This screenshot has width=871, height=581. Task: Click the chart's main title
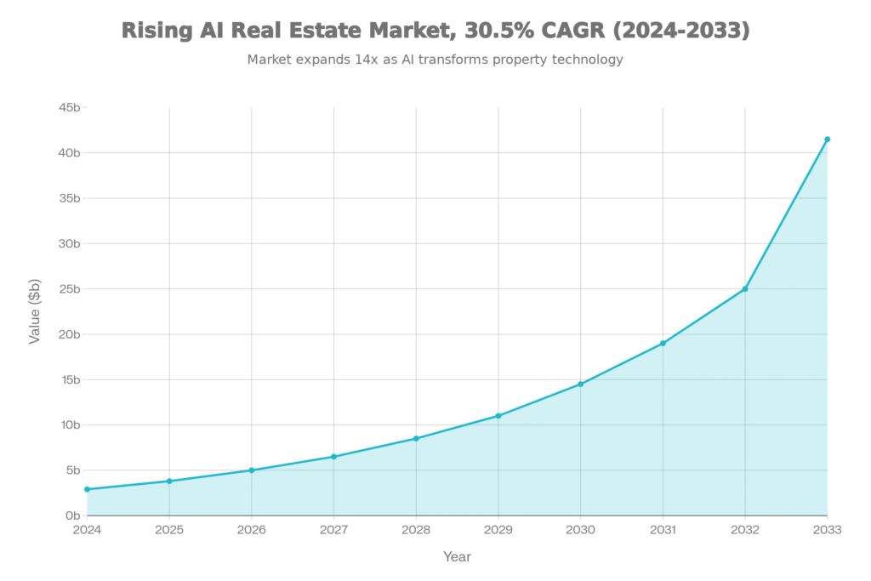[435, 31]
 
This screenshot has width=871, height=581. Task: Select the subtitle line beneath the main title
[435, 60]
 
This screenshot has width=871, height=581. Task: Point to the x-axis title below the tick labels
[457, 557]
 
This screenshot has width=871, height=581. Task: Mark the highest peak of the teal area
[827, 136]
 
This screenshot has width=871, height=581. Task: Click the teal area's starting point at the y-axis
[85, 487]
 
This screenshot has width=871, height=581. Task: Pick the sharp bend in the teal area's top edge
[745, 287]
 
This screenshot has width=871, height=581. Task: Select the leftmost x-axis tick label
[85, 531]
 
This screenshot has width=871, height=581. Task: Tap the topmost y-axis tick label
[68, 108]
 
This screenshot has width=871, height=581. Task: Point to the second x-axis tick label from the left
[168, 531]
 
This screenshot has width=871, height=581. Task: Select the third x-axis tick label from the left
[250, 531]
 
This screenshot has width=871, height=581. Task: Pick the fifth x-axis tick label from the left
[415, 531]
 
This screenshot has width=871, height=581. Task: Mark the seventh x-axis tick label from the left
[580, 531]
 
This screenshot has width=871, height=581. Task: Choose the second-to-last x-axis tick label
[745, 531]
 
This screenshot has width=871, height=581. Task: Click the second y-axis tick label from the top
[68, 153]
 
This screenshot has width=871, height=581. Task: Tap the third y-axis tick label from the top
[68, 198]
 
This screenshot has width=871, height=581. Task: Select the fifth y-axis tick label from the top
[68, 289]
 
